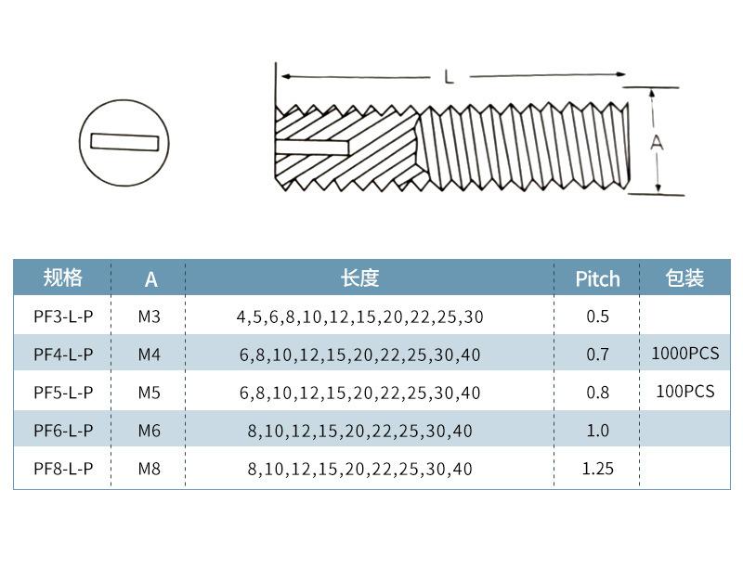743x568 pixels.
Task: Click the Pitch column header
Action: click(597, 278)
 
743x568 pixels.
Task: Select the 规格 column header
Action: click(63, 278)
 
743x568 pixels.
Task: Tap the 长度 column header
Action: click(359, 278)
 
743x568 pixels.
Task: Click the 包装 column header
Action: click(684, 278)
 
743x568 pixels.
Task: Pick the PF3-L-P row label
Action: click(63, 316)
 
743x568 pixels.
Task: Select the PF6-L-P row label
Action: click(63, 431)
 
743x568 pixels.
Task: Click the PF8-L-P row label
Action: click(63, 469)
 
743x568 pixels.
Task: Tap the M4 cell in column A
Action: click(149, 354)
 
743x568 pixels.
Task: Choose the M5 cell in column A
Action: click(149, 393)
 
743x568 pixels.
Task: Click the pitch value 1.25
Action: click(597, 469)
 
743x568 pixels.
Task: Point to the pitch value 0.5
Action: click(597, 316)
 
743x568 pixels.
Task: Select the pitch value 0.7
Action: click(597, 354)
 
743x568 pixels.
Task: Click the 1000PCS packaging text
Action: click(685, 353)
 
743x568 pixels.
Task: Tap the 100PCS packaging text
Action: click(685, 391)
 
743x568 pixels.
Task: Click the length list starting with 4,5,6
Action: click(359, 316)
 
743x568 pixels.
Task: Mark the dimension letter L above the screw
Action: click(449, 77)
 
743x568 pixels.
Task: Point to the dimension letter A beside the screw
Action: click(657, 142)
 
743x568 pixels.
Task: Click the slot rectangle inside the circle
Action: click(124, 142)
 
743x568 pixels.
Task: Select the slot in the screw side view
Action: click(313, 148)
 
